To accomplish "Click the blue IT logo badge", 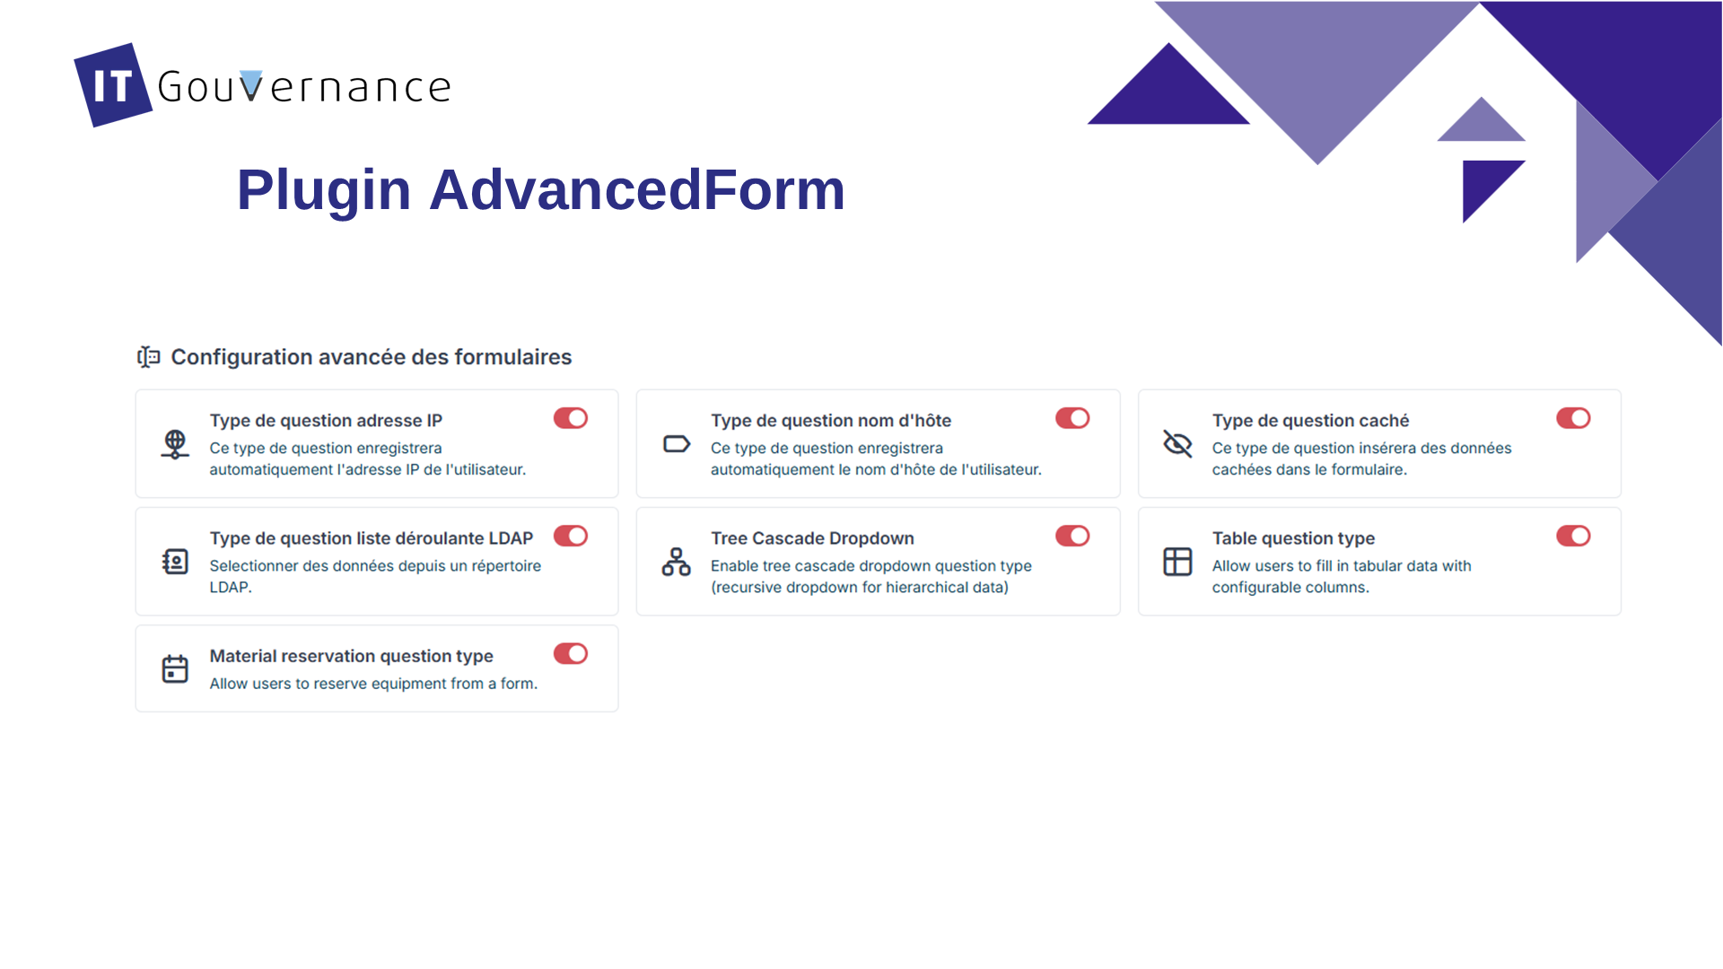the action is (x=113, y=85).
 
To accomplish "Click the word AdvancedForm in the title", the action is (x=637, y=190).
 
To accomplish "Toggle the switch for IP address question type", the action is (x=571, y=418).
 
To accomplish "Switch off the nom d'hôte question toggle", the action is (x=1072, y=418).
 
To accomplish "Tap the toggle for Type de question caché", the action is (x=1573, y=418).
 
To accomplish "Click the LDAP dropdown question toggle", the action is (x=571, y=536).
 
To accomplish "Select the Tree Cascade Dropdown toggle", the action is (x=1072, y=536).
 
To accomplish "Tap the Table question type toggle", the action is (x=1573, y=536).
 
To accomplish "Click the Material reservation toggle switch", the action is (x=571, y=653).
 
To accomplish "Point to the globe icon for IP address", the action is (x=175, y=444).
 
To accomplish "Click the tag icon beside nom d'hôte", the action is (x=677, y=444).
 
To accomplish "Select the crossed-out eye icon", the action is (x=1177, y=443).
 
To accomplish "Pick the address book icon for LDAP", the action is (x=175, y=562).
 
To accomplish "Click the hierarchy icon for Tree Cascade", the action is (x=677, y=562).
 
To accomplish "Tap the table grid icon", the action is (x=1177, y=562).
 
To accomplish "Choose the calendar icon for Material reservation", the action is (x=175, y=668).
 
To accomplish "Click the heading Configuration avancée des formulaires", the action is (x=372, y=357).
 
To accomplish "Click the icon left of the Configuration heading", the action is (x=149, y=357).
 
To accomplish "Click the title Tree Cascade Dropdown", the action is (x=812, y=538).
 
